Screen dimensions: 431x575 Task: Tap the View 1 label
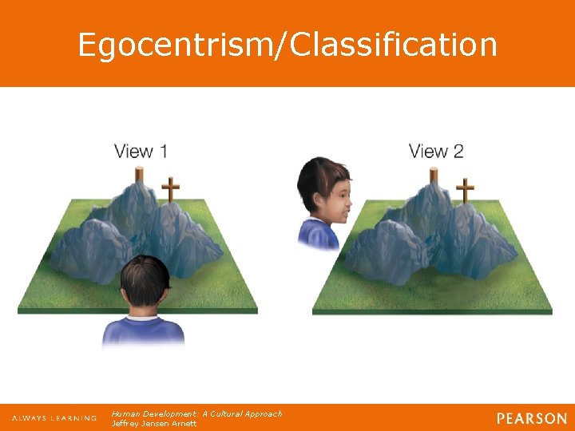click(x=141, y=151)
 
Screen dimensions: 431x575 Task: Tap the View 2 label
click(x=436, y=151)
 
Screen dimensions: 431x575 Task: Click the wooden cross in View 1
click(x=169, y=191)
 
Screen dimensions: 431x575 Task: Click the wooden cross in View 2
click(x=465, y=191)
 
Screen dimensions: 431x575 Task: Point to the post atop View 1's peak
click(x=139, y=174)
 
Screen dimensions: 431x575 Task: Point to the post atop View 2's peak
click(x=434, y=174)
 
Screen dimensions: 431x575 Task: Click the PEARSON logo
click(x=531, y=418)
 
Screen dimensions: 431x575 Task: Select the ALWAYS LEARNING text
click(x=54, y=418)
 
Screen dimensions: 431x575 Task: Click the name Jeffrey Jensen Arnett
click(x=154, y=423)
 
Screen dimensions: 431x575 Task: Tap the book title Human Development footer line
click(x=196, y=413)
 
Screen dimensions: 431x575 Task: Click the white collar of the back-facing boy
click(x=144, y=316)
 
